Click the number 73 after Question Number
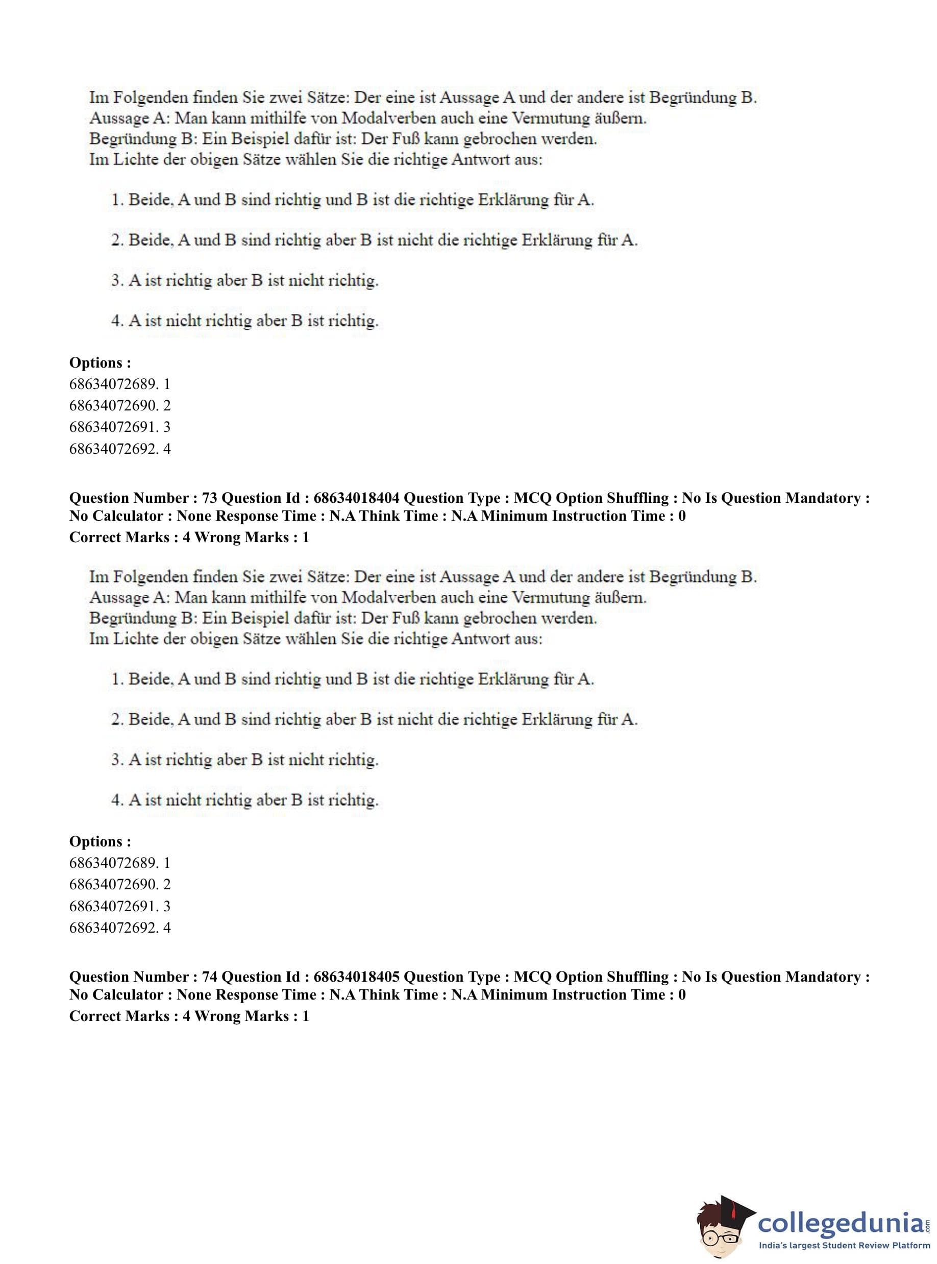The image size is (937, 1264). point(209,498)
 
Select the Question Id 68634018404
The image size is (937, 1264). point(356,498)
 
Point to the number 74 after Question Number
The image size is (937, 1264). point(209,977)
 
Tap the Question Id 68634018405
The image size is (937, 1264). point(356,977)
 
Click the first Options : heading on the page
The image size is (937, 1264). point(100,362)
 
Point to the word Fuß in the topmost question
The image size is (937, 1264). point(406,139)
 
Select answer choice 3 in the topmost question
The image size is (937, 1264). point(244,281)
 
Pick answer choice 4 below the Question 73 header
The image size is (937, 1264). point(244,800)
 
